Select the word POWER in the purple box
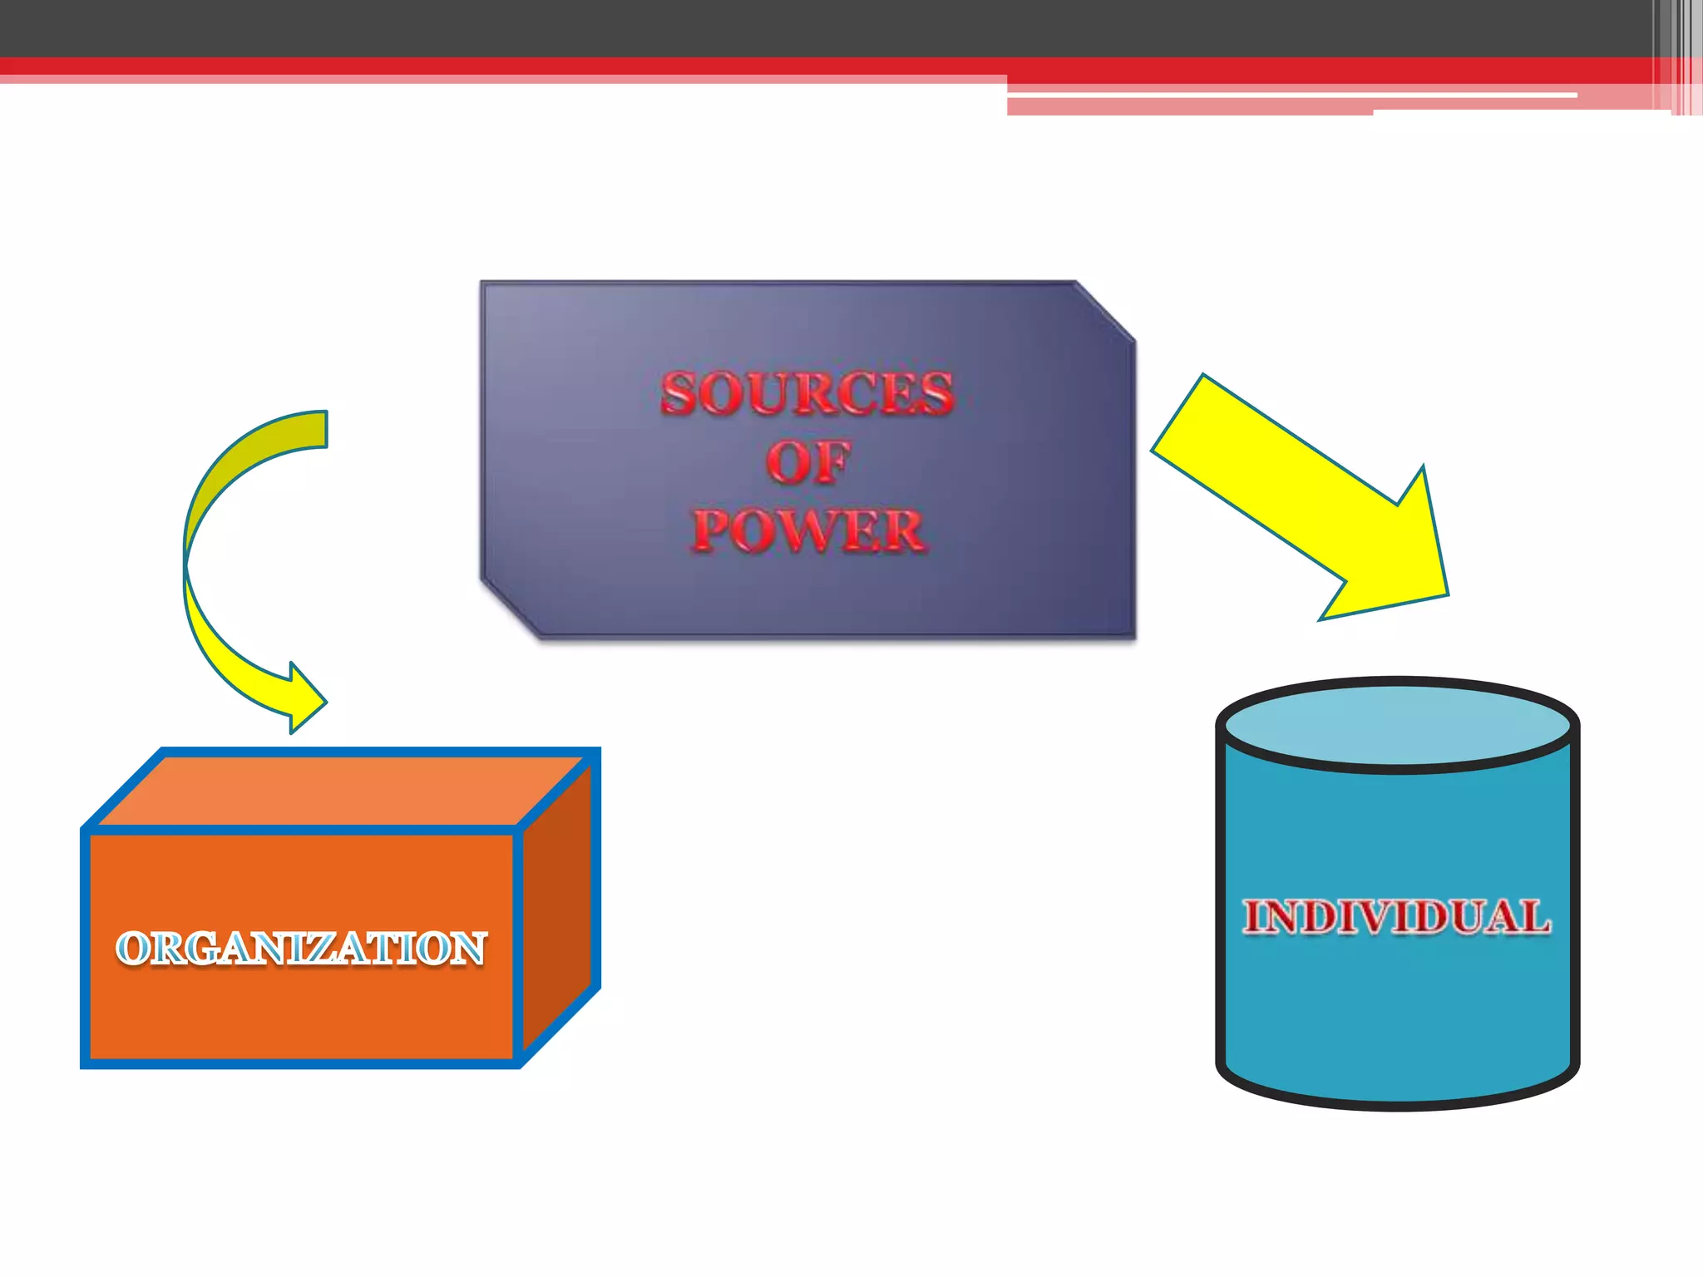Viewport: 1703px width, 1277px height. point(808,530)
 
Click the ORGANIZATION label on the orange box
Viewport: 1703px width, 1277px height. point(301,949)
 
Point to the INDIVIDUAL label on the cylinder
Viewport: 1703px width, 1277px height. point(1397,917)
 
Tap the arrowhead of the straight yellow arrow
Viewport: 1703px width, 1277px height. point(1405,565)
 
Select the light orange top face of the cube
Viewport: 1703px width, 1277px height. point(341,790)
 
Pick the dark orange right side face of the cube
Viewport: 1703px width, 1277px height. point(557,906)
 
